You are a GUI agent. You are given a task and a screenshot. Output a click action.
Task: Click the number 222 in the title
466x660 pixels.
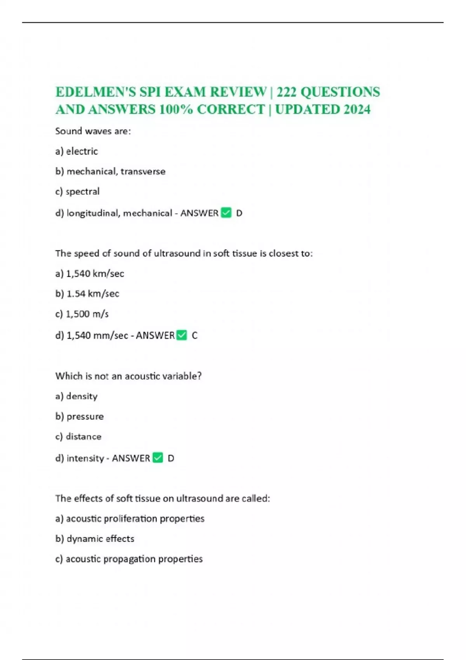click(x=287, y=92)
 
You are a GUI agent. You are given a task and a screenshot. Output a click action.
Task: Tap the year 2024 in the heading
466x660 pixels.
click(x=357, y=109)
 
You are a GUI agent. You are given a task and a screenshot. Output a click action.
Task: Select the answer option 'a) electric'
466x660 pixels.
click(x=77, y=151)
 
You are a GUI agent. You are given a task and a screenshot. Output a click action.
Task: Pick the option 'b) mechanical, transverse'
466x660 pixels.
click(x=110, y=171)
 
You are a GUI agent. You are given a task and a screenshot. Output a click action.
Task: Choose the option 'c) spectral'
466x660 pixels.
click(x=78, y=191)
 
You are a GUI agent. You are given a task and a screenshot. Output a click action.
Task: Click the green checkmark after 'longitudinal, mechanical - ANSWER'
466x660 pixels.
click(x=226, y=213)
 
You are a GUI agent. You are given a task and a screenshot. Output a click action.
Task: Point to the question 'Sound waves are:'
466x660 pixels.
click(x=93, y=131)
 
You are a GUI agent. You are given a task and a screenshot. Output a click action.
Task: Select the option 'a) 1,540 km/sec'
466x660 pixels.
click(x=90, y=274)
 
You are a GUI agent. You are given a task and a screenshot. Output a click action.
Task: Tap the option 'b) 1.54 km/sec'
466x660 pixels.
click(x=87, y=294)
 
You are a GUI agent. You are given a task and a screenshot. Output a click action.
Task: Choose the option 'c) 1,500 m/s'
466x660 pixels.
click(x=82, y=314)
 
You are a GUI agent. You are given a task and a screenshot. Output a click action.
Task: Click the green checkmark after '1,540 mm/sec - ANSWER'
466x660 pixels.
click(x=182, y=335)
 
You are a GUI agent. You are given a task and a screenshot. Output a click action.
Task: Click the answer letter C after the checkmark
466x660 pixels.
click(x=195, y=335)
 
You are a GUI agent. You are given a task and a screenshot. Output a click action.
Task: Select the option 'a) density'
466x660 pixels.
click(x=77, y=396)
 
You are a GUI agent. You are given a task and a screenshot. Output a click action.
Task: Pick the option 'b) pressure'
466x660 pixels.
click(x=80, y=416)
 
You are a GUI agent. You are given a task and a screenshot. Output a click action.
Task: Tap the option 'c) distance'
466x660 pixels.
click(x=78, y=436)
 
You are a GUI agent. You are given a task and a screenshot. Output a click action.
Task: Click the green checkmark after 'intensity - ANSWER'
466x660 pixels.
click(x=158, y=458)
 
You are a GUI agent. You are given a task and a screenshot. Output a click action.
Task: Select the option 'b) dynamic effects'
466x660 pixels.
click(x=95, y=538)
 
